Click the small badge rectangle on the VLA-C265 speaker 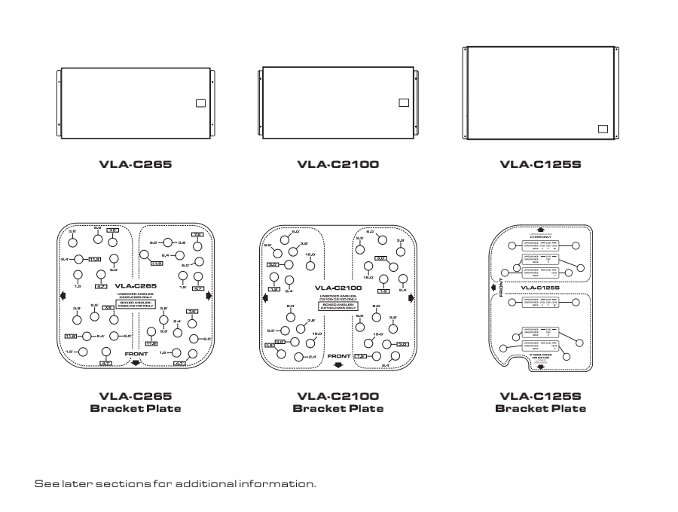click(200, 104)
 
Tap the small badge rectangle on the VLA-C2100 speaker click(403, 102)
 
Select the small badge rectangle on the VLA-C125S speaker click(602, 129)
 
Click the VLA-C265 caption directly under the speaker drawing click(136, 163)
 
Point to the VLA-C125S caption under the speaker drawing click(540, 163)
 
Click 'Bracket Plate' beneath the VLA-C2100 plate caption click(338, 408)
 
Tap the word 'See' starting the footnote click(45, 483)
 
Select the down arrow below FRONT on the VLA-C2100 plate click(338, 364)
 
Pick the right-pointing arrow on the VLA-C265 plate click(209, 295)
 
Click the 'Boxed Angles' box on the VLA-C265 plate click(136, 305)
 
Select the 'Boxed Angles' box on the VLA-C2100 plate click(338, 306)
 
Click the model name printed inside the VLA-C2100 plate click(338, 287)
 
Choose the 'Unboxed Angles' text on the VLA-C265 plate click(136, 295)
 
